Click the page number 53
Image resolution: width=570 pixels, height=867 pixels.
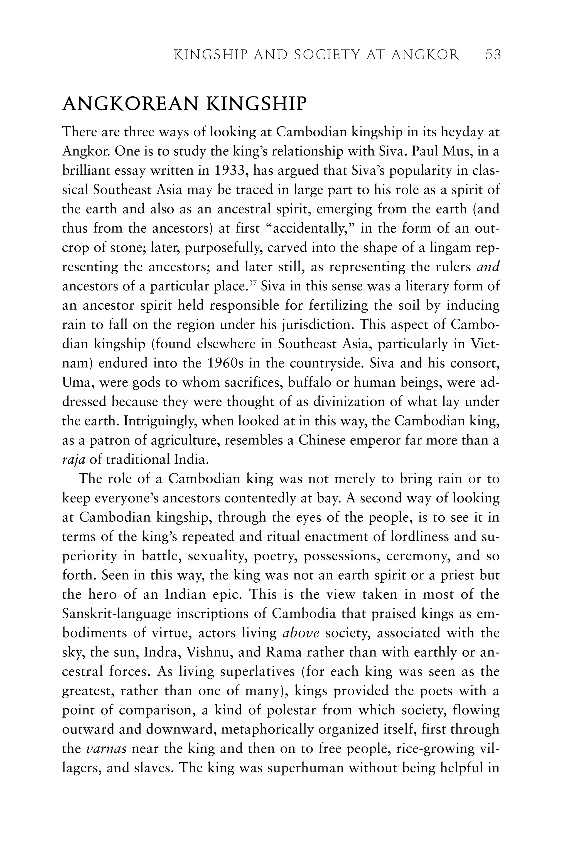[493, 55]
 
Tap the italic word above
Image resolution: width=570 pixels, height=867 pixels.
[301, 633]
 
